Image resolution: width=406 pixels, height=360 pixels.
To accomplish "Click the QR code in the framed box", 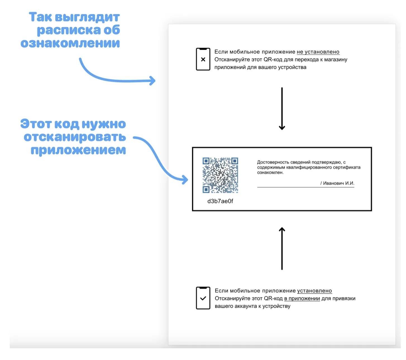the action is (x=220, y=175).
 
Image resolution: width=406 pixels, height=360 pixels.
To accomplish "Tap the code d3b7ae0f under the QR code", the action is (x=220, y=201).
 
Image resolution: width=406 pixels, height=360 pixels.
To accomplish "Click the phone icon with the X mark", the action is (x=203, y=59).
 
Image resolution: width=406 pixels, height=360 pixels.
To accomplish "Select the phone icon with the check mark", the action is (x=203, y=298).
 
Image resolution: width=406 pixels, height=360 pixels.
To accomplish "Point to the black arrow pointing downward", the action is (x=282, y=109).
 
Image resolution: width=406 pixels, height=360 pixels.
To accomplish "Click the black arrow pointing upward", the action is (x=282, y=248).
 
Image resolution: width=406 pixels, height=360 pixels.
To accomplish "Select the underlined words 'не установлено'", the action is (x=318, y=52).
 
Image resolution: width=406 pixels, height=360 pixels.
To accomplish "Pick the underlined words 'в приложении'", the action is (x=302, y=299).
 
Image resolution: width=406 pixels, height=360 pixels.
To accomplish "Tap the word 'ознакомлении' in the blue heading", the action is (x=70, y=43).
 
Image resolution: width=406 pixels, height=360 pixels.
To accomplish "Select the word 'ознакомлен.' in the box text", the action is (x=270, y=172).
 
